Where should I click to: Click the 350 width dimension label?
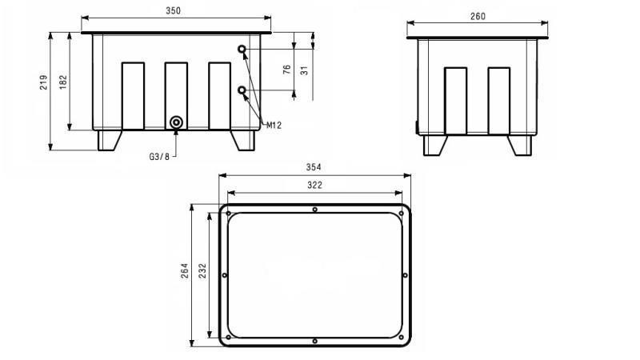[x=174, y=10]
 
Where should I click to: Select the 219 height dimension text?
[x=44, y=82]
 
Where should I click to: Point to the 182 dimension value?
[x=63, y=82]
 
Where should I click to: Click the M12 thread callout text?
[x=274, y=126]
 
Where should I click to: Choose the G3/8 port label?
[x=159, y=157]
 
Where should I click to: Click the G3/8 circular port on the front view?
[x=176, y=122]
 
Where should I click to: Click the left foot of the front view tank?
[x=108, y=140]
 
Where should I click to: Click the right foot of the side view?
[x=520, y=146]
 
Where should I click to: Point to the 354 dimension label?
[x=314, y=167]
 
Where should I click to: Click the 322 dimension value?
[x=314, y=185]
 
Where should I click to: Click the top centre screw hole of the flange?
[x=315, y=210]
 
